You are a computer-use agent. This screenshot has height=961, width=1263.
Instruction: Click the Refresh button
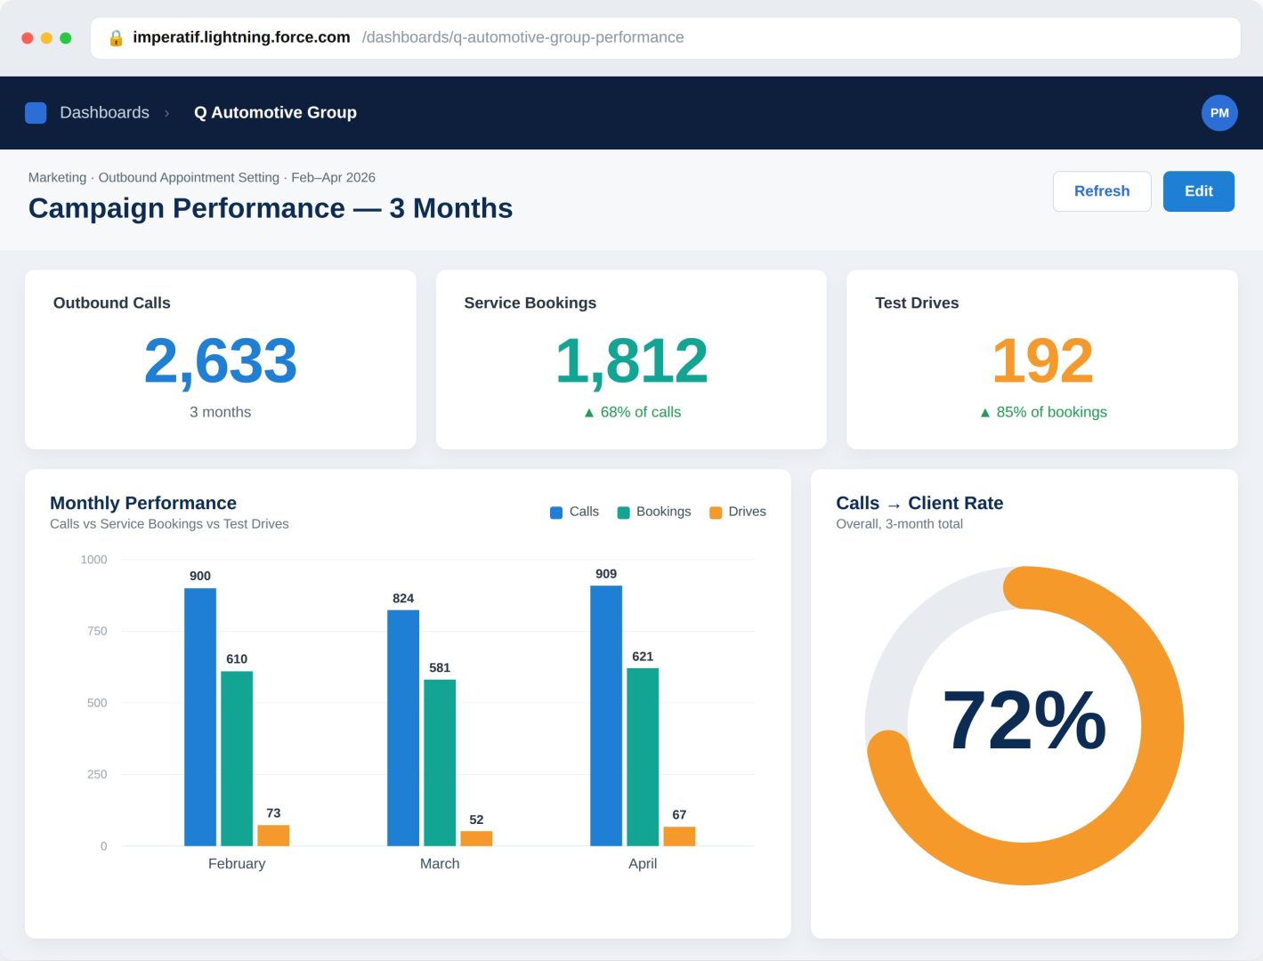coord(1101,191)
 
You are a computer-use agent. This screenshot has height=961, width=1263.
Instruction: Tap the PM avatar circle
coord(1218,113)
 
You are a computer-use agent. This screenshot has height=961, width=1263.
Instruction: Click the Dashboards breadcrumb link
coord(104,113)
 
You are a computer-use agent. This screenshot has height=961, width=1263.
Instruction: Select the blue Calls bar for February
coord(200,716)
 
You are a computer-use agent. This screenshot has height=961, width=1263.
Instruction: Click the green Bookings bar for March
coord(440,763)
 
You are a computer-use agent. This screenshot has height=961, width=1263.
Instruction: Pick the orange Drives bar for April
coord(679,836)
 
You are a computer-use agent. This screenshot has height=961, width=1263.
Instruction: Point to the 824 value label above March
coord(403,598)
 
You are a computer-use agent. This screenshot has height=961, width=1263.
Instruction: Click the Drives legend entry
coord(738,512)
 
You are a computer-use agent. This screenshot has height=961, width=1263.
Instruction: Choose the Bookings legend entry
coord(653,512)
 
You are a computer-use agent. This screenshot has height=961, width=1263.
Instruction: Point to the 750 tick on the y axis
coord(97,631)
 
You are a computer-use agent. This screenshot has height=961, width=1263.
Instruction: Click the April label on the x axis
coord(642,863)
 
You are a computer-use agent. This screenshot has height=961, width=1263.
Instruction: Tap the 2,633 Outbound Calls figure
coord(221,360)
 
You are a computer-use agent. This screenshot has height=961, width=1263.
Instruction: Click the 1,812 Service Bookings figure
coord(631,360)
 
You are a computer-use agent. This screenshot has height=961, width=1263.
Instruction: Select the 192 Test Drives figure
coord(1042,360)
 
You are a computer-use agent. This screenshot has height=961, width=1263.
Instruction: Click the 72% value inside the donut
coord(1024,720)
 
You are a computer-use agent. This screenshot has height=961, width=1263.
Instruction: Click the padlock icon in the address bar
coord(116,38)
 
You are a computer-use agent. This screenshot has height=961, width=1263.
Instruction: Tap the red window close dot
coord(27,38)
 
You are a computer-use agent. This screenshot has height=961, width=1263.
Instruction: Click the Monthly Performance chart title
coord(143,503)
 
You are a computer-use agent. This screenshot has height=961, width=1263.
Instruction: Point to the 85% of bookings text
coord(1051,412)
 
